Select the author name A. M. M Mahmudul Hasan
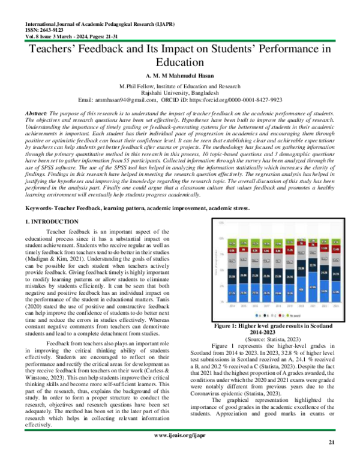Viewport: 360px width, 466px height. pos(179,77)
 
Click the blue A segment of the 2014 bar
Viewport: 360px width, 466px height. pos(232,293)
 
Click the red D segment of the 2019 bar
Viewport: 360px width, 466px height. pos(289,250)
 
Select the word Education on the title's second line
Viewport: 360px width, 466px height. pos(179,62)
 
